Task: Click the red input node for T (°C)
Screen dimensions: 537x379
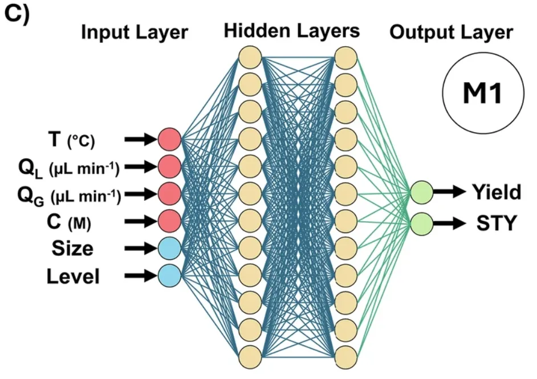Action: click(169, 139)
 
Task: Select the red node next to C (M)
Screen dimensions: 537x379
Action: click(169, 221)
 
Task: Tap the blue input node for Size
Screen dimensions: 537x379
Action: click(169, 248)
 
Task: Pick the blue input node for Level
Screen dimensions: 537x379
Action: click(169, 276)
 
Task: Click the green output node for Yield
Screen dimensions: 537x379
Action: click(422, 193)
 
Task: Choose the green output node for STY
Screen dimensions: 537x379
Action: click(422, 224)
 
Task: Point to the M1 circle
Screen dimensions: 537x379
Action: click(483, 93)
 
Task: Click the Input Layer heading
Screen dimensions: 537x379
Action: click(135, 33)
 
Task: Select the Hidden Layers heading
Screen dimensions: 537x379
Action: click(292, 31)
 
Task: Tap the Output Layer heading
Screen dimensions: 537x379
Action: click(451, 33)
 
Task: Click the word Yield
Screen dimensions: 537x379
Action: click(497, 192)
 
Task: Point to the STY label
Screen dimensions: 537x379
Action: click(497, 223)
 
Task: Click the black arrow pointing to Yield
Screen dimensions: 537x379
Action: click(449, 191)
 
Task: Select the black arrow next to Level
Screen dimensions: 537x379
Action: click(141, 276)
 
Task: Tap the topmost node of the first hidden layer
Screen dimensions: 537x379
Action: click(250, 58)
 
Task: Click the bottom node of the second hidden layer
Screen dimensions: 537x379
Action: click(345, 357)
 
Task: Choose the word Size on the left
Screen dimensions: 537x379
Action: click(72, 248)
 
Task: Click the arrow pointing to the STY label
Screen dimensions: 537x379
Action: click(449, 223)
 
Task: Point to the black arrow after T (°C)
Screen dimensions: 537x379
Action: click(141, 139)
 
